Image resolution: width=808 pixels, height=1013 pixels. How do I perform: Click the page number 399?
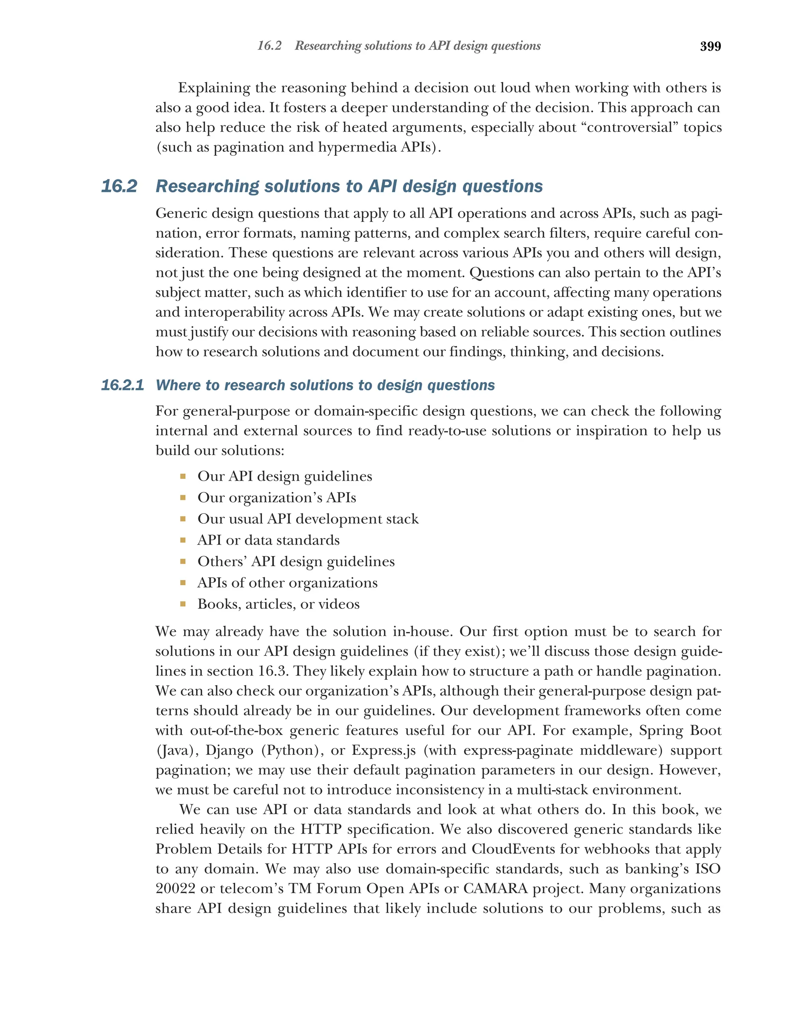[x=710, y=47]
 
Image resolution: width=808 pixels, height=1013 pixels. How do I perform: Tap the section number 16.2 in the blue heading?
[x=119, y=186]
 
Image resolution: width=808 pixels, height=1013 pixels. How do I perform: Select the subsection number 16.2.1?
[x=122, y=385]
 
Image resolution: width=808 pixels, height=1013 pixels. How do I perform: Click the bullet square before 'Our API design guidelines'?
[x=183, y=477]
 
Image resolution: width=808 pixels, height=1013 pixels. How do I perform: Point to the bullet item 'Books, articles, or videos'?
[x=278, y=604]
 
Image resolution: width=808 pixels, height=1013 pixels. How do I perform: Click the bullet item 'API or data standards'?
[x=268, y=540]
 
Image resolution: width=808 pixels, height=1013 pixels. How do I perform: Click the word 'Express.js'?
[x=383, y=750]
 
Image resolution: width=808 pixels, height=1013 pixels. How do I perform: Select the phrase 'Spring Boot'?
[x=680, y=731]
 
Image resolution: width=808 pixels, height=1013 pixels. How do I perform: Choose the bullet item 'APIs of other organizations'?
[x=287, y=583]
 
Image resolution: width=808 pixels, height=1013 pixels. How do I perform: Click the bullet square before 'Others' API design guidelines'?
[x=183, y=562]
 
